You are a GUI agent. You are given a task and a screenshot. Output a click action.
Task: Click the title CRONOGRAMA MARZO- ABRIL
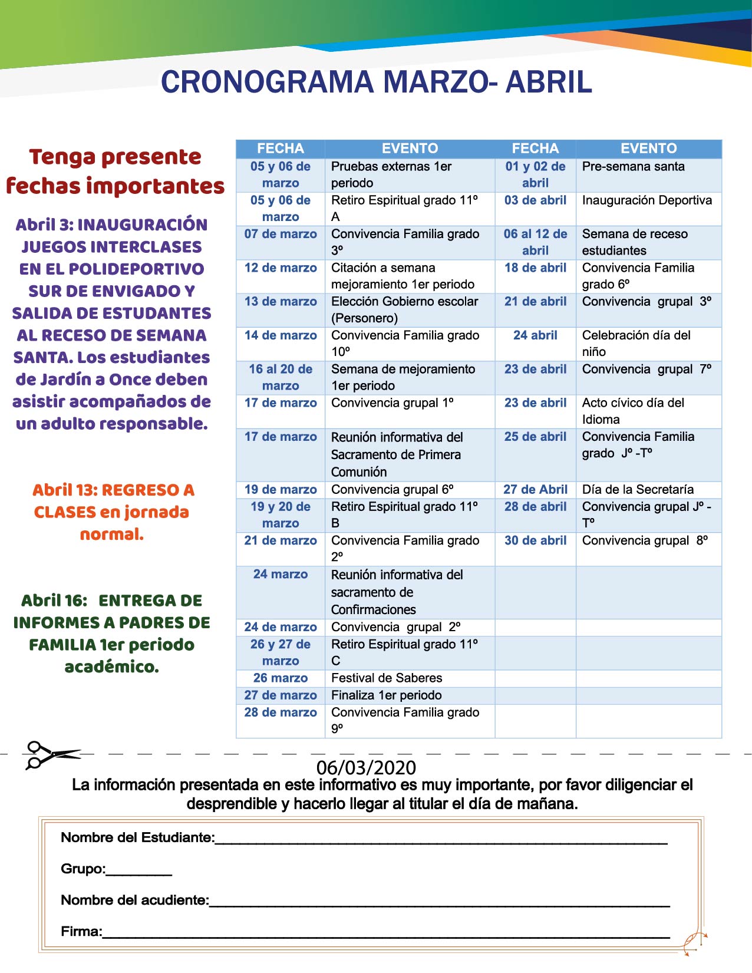(376, 82)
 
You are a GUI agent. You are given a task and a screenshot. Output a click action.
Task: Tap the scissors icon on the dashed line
(50, 754)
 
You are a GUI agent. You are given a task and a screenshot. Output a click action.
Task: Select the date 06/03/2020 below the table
(366, 767)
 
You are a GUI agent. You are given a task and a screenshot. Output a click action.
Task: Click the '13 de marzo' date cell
(281, 302)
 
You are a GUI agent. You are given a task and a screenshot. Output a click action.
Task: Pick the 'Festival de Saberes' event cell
(387, 678)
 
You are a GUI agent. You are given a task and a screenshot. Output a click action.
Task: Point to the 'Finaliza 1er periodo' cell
(386, 695)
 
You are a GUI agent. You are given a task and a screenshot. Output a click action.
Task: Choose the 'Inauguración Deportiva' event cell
(647, 200)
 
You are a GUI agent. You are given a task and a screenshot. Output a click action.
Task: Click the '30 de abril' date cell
(535, 540)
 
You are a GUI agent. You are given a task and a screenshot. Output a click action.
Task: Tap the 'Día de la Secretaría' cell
(638, 490)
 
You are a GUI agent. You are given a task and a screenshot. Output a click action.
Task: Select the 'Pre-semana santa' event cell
(633, 167)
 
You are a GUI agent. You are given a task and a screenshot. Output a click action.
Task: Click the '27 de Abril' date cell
(535, 490)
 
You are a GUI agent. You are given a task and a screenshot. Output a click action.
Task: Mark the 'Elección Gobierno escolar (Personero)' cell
(404, 310)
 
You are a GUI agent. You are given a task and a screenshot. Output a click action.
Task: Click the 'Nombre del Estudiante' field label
(137, 837)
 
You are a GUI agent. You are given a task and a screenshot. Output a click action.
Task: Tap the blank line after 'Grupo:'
(139, 870)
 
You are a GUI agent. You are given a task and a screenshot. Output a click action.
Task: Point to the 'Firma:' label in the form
(81, 932)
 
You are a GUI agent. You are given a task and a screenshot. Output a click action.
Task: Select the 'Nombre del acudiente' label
(135, 900)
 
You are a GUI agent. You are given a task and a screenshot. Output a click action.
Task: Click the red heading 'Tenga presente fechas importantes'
(115, 171)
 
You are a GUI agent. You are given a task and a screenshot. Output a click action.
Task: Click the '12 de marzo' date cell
(281, 268)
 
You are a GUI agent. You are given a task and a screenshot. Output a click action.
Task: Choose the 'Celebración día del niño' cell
(636, 344)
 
